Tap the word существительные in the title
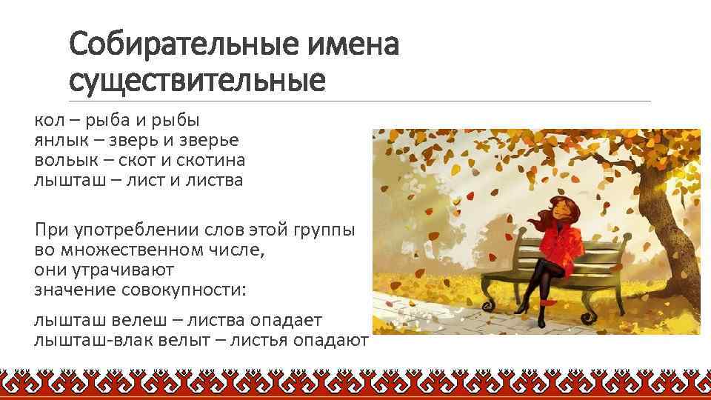(197, 80)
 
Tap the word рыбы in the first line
(180, 120)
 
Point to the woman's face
(554, 213)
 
